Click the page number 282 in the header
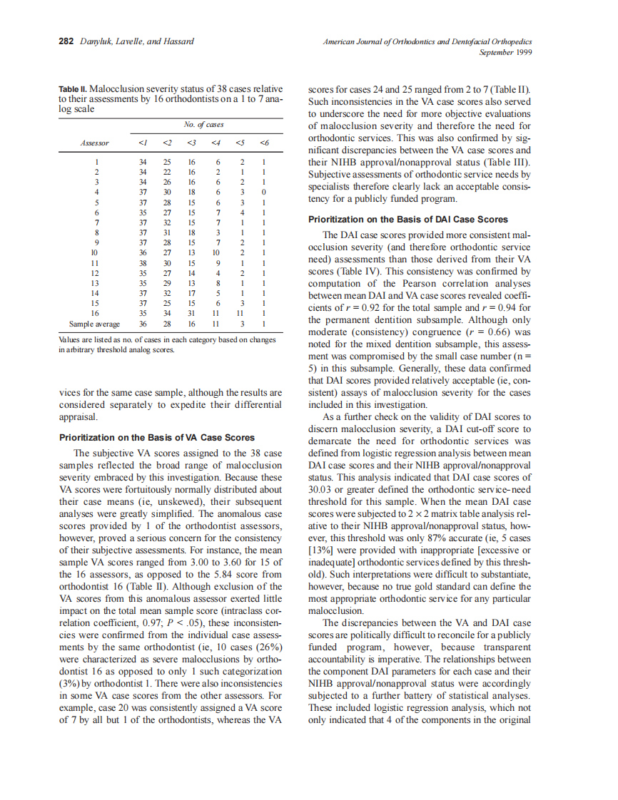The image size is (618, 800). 66,41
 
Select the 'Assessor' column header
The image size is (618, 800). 95,143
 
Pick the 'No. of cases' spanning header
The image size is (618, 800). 203,125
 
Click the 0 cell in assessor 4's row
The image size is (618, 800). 264,193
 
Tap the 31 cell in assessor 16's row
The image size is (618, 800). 191,312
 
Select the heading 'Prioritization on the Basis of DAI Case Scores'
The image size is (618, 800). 417,219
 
